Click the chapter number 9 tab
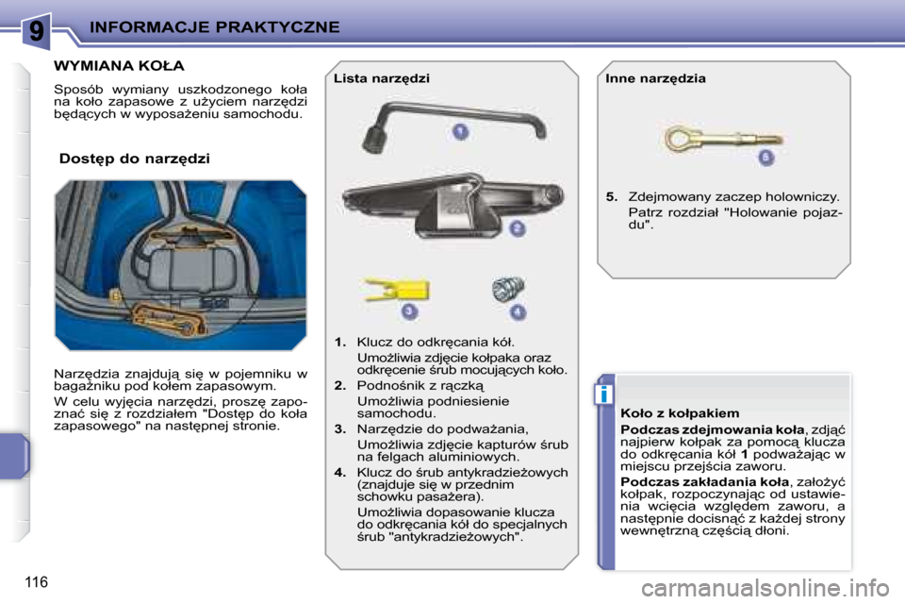[x=37, y=30]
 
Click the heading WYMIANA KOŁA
[x=119, y=66]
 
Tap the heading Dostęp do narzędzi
[x=135, y=159]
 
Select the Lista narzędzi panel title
[x=382, y=78]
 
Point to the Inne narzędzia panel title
[x=655, y=78]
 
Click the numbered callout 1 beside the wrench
[x=460, y=132]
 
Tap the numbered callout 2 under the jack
[x=518, y=228]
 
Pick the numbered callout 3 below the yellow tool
[x=409, y=310]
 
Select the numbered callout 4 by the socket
[x=518, y=312]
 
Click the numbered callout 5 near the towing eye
[x=765, y=157]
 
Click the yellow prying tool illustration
[x=396, y=289]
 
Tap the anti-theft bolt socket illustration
[x=508, y=289]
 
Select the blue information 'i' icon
[x=603, y=394]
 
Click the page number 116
[x=37, y=582]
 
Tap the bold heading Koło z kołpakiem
[x=680, y=413]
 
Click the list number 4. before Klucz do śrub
[x=340, y=472]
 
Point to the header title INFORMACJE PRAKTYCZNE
[x=215, y=27]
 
